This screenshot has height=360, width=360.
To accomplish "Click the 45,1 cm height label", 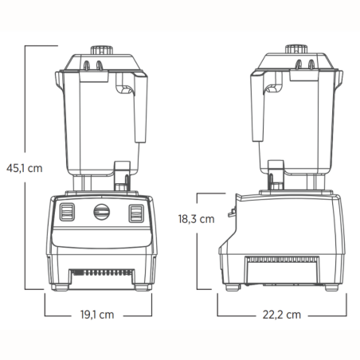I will click(24, 168).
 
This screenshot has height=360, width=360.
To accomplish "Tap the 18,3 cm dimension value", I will click(195, 217).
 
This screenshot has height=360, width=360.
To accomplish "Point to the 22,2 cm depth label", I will click(282, 315).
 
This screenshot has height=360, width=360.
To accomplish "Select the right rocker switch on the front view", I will click(136, 213).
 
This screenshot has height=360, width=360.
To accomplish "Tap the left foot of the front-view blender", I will click(61, 287).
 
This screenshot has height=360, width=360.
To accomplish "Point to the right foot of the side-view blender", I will click(331, 287).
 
